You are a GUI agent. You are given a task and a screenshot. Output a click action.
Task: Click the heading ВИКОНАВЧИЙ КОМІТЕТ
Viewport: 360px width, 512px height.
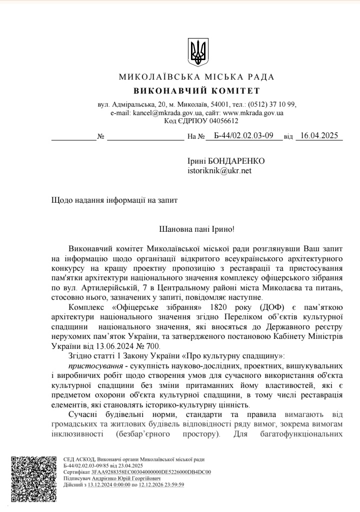click(197, 91)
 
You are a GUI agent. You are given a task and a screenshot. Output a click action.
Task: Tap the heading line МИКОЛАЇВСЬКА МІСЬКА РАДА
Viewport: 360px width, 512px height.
click(197, 77)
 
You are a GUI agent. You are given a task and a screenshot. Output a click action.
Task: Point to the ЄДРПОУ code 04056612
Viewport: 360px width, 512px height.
click(224, 121)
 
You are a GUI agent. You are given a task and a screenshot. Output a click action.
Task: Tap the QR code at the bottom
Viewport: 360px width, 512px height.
click(33, 478)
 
